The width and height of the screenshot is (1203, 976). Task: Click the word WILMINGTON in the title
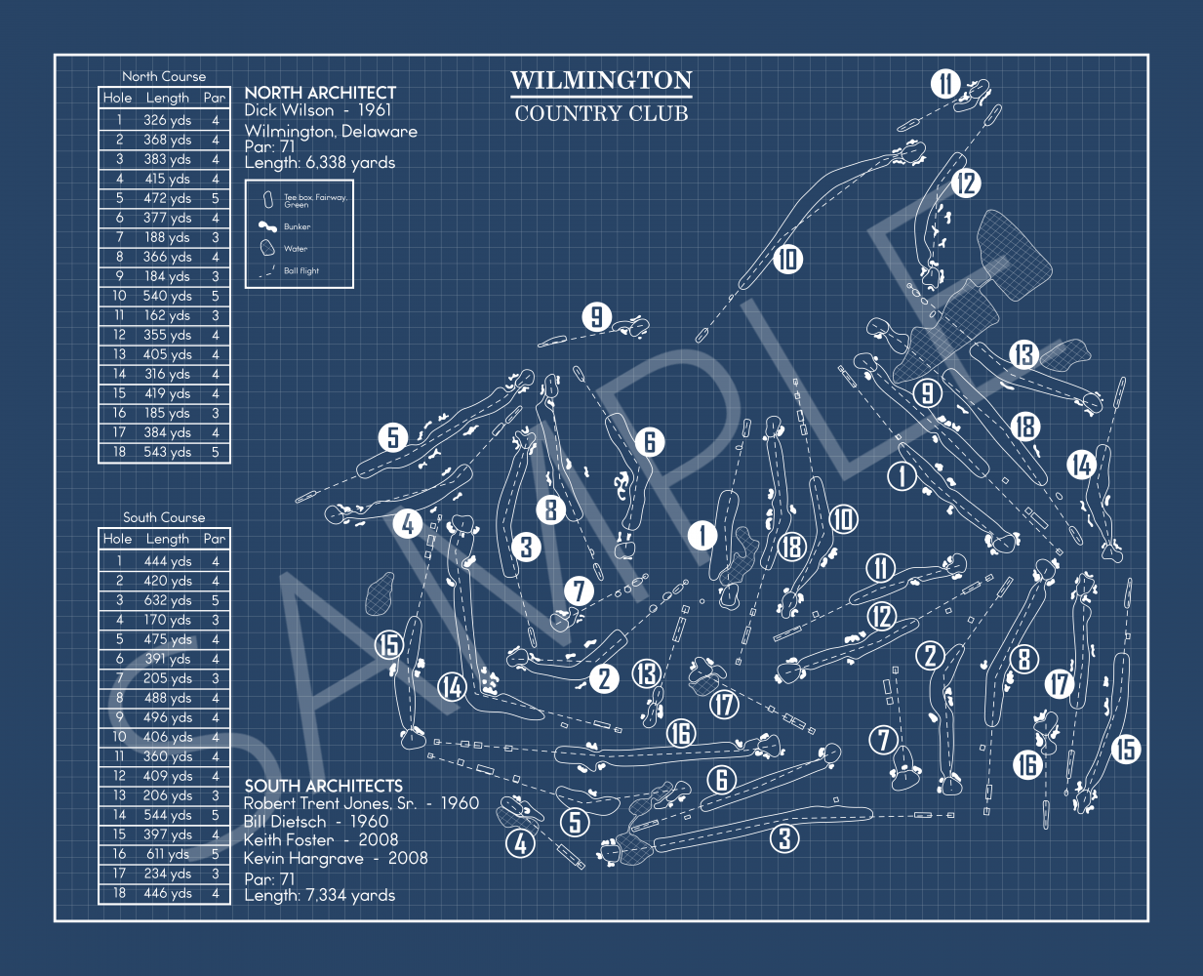coord(601,80)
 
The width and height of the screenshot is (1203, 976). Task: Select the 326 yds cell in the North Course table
coord(167,120)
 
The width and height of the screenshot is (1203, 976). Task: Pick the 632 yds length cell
coord(167,600)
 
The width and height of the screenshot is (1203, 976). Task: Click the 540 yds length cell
coord(167,296)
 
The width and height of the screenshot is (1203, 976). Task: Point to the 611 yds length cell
coord(167,854)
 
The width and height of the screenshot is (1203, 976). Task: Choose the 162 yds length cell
coord(167,315)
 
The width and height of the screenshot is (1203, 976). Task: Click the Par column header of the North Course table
coord(215,98)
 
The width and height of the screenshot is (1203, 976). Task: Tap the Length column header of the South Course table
coord(167,539)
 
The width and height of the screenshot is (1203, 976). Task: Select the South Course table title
coord(164,517)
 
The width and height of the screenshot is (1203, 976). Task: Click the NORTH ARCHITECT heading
coord(320,93)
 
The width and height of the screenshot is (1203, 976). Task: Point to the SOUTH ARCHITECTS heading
coord(323,786)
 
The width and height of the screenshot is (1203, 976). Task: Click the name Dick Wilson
coord(289,110)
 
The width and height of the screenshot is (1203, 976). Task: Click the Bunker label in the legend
coord(297,226)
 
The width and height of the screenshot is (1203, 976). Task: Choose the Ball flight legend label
coord(301,271)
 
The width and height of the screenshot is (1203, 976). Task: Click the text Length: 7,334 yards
coord(319,895)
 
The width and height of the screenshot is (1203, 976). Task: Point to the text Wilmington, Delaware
coord(331,131)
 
